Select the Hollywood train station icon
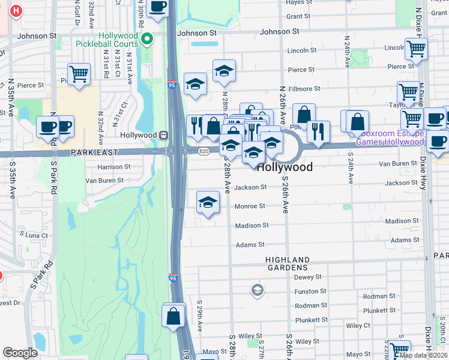(163, 135)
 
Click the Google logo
(20, 353)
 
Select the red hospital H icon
(17, 10)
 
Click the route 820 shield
(204, 151)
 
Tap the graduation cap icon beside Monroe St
(208, 202)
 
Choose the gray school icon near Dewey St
(257, 290)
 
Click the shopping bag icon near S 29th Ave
(173, 316)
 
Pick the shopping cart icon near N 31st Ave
(79, 74)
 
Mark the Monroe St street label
(250, 206)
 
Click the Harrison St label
(110, 167)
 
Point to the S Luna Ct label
(34, 235)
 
